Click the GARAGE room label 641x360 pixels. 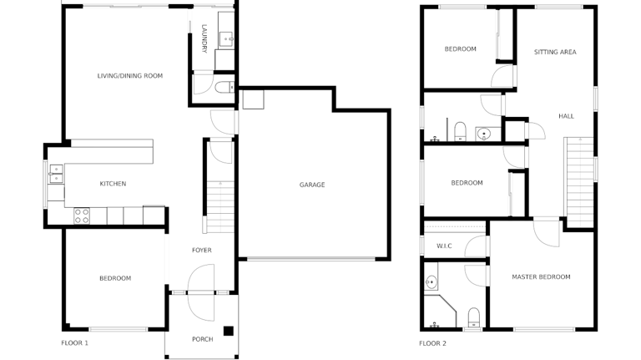312,185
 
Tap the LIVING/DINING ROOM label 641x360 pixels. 130,76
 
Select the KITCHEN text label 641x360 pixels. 113,184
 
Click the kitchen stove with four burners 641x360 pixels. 82,215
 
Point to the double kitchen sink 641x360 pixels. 56,174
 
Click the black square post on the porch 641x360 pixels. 228,331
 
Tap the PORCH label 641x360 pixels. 202,339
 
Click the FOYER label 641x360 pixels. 201,250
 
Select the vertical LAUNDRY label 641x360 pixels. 204,39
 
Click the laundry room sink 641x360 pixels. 226,39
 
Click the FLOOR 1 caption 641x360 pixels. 74,342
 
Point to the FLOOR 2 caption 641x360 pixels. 432,343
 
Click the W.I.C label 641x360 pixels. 444,246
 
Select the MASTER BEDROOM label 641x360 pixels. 541,277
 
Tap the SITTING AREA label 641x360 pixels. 555,52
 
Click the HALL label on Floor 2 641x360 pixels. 566,116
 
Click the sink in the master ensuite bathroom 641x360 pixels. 431,281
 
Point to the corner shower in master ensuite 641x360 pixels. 440,312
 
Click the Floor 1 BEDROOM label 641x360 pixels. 115,278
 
